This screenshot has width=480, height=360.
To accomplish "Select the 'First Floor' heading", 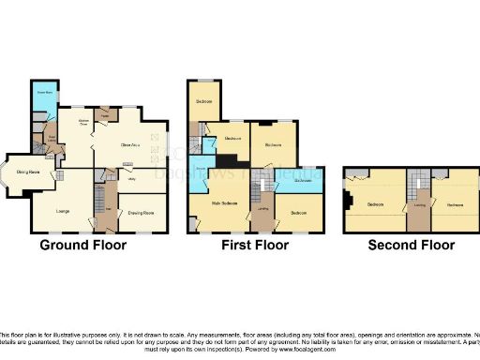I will [252, 246].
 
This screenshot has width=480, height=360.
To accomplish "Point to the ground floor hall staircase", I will [99, 199].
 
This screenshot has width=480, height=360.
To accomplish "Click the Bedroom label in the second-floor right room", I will [454, 203].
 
